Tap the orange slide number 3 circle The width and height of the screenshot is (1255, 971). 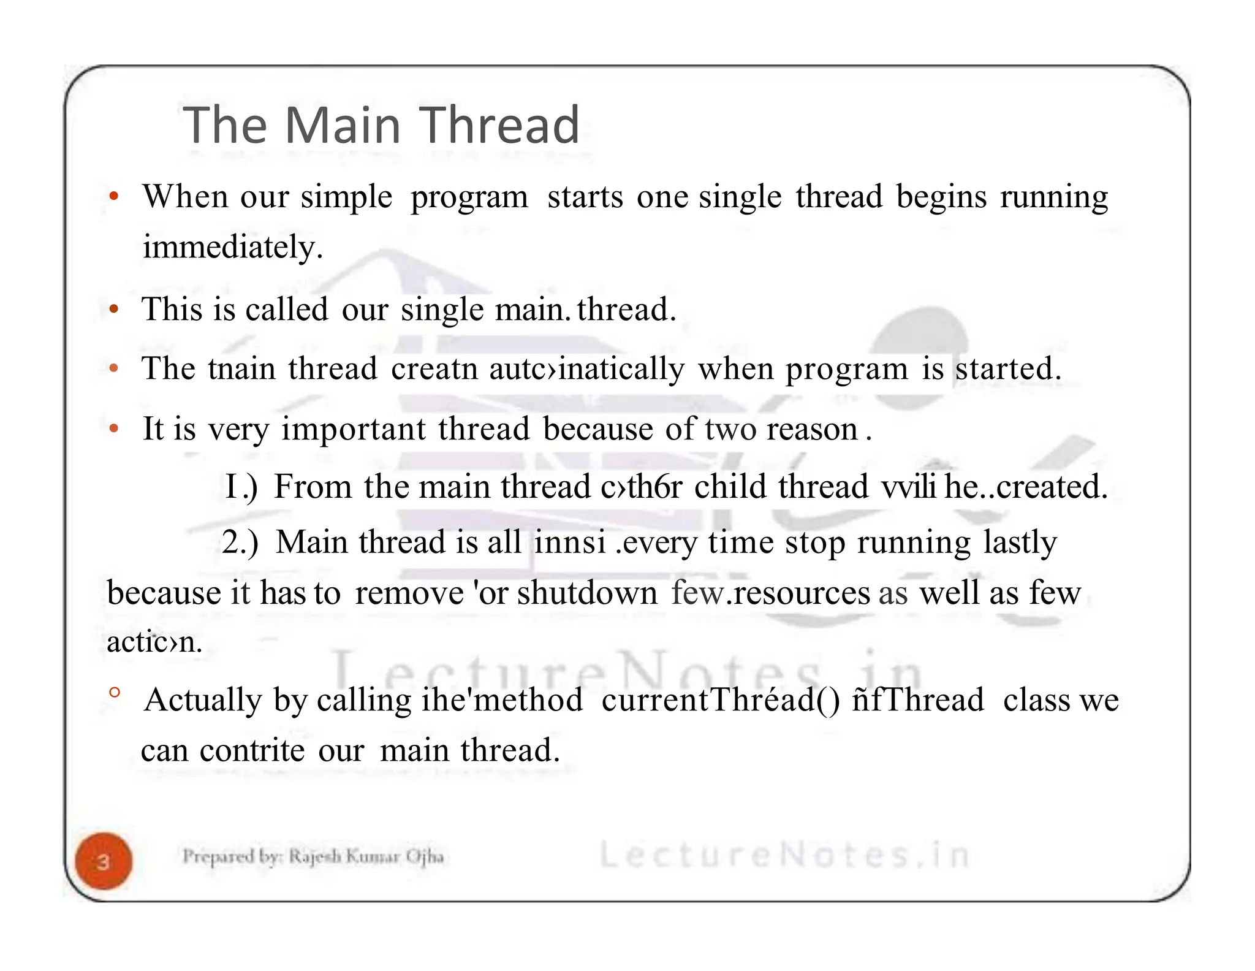104,861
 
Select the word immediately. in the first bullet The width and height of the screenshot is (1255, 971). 232,247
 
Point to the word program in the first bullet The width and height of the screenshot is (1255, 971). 469,198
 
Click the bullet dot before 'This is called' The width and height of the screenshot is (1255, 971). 113,309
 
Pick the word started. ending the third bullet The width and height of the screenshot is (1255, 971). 1008,369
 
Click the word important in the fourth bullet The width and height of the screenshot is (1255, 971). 354,428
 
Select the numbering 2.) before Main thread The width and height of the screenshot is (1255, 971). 240,543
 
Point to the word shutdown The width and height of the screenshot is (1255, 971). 587,593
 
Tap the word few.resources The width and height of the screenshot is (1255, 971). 770,593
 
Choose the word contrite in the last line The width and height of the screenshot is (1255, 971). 252,750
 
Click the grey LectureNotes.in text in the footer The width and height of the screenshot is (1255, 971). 784,855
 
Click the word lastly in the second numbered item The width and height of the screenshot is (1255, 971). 1020,543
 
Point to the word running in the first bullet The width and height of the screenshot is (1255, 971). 1054,198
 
